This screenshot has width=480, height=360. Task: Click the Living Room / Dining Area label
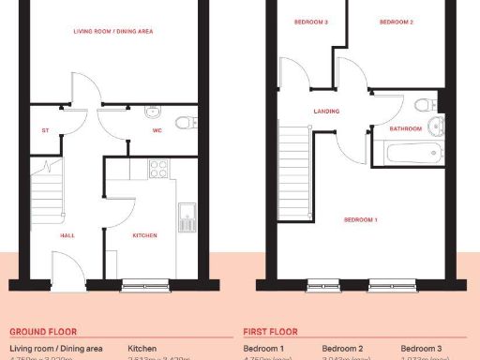click(112, 31)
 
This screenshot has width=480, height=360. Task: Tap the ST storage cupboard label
click(44, 130)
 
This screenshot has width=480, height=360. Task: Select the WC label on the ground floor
click(158, 130)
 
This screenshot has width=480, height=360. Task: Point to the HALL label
click(67, 235)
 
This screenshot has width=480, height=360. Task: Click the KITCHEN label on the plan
click(144, 235)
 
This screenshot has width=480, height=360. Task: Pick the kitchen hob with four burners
click(158, 170)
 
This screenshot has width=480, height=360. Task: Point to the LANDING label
click(326, 111)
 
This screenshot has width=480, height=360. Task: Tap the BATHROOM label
click(406, 128)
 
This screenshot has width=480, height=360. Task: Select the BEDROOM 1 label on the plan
click(361, 219)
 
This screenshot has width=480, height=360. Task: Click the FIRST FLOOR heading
click(270, 331)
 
